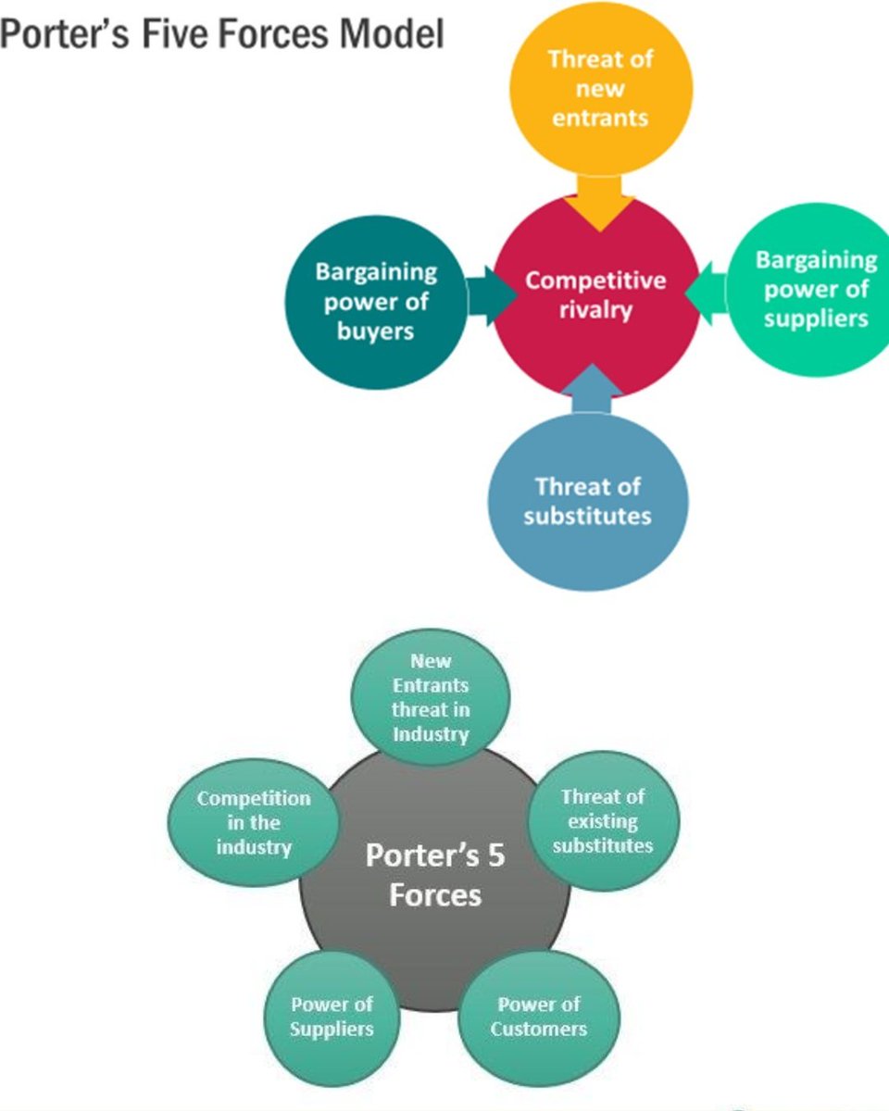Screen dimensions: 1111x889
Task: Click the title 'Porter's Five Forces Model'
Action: click(222, 34)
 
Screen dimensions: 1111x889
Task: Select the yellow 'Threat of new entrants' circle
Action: click(600, 88)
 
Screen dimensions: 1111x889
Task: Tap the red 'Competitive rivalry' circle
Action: click(596, 294)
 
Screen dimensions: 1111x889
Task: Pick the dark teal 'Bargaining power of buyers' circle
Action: click(375, 301)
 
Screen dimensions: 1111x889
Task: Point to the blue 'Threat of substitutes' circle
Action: click(588, 502)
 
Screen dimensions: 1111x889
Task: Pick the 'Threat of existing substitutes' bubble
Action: click(604, 821)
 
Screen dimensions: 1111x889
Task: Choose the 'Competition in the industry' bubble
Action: click(253, 822)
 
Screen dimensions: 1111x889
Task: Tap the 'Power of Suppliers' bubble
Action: click(332, 1017)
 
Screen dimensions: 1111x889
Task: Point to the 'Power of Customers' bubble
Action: click(539, 1017)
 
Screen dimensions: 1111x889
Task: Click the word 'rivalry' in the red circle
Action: click(595, 310)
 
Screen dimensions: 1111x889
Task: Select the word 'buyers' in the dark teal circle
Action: click(375, 331)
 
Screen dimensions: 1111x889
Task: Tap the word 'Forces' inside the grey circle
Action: click(435, 895)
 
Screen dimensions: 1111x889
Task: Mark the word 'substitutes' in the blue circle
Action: click(587, 516)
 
